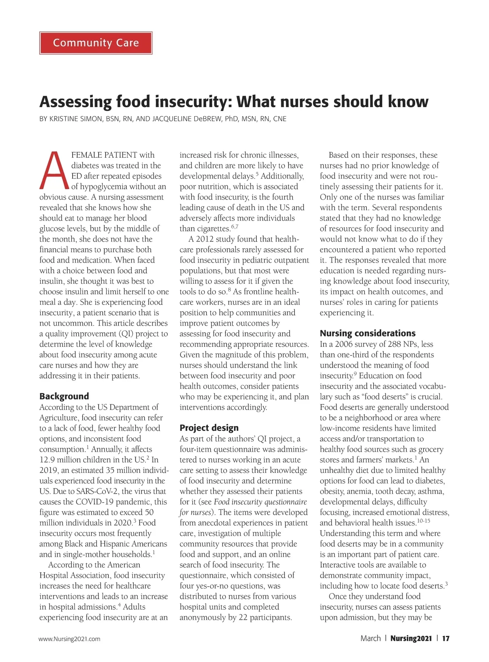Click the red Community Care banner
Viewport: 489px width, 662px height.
[x=96, y=43]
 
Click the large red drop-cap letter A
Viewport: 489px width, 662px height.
[x=54, y=171]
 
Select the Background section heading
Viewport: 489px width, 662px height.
[x=64, y=396]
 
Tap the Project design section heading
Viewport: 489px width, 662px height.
[x=209, y=428]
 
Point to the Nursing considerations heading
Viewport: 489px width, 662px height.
[x=368, y=333]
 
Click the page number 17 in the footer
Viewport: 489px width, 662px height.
[x=446, y=638]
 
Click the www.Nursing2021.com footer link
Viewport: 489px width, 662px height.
[x=69, y=639]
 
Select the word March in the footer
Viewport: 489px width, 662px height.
[x=370, y=638]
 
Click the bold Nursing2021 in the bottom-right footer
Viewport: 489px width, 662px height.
[x=411, y=638]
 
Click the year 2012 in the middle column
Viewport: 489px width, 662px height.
[x=205, y=239]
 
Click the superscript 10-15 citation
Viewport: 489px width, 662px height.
[x=424, y=521]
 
